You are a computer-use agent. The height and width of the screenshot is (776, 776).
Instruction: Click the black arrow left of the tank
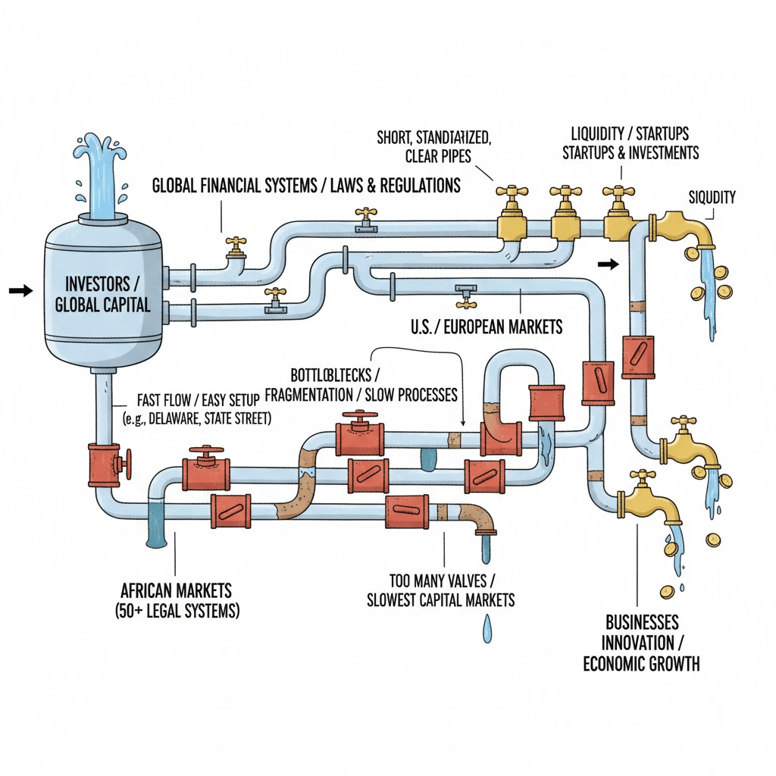tap(20, 290)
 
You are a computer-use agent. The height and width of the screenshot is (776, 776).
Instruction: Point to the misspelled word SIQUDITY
tap(712, 197)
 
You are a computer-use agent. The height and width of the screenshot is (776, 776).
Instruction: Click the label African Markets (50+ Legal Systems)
tap(175, 599)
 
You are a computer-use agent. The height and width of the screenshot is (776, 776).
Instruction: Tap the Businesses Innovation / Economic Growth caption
tap(641, 643)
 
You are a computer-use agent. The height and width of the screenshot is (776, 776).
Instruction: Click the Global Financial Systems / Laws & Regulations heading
tap(306, 186)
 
